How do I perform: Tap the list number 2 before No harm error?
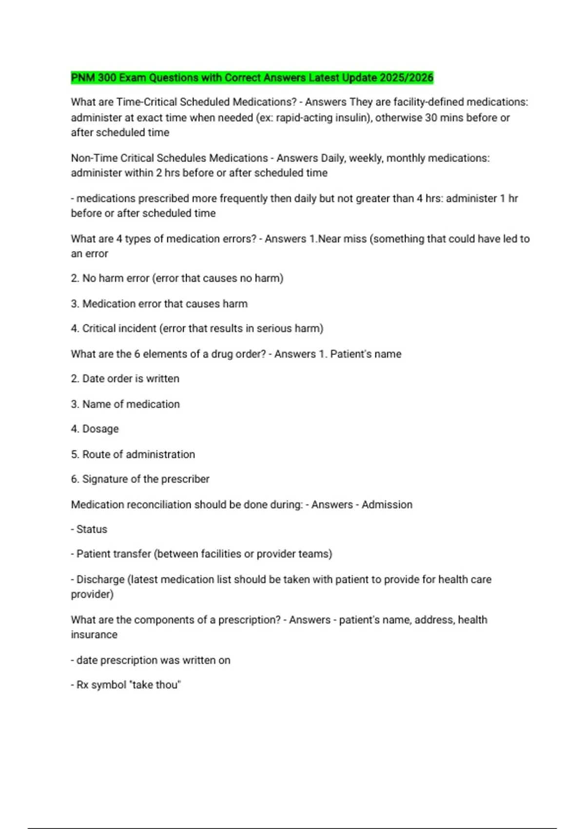75,278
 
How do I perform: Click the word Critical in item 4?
100,329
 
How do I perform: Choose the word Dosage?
100,429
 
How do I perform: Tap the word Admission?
387,505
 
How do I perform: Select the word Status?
92,530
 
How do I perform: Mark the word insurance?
94,635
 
